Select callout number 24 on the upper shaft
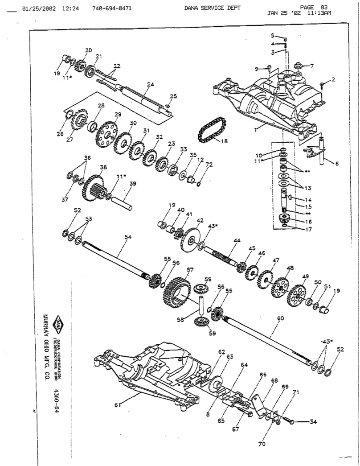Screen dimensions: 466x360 click(150, 84)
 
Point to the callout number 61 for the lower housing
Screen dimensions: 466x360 click(117, 405)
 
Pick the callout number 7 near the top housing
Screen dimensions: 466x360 click(311, 66)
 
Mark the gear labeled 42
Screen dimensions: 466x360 click(191, 240)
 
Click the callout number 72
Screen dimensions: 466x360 click(209, 165)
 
